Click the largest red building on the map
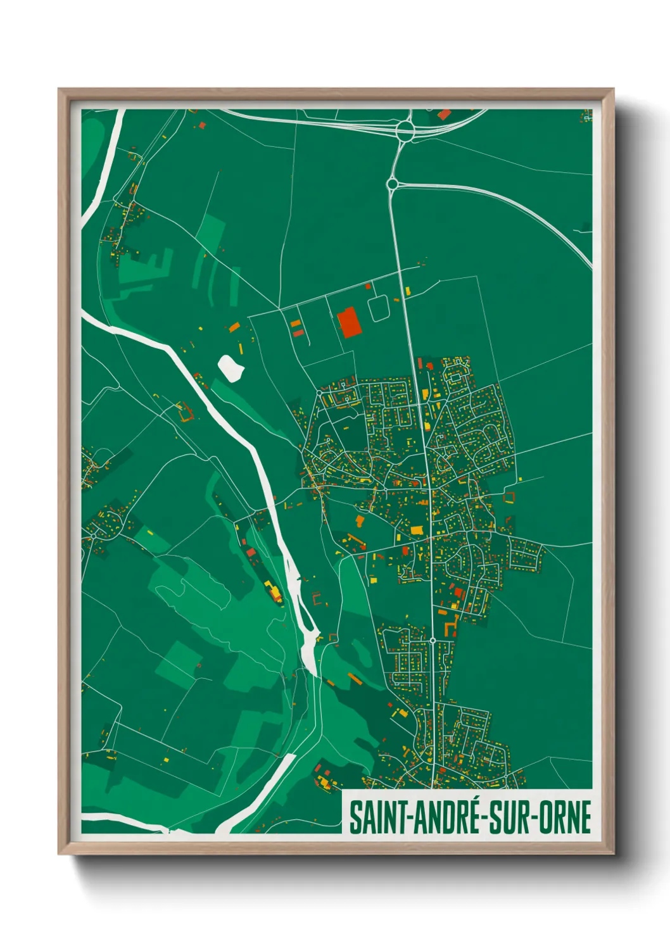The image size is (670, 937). (x=349, y=322)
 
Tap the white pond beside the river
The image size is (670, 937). (x=231, y=367)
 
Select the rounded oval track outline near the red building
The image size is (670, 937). (x=379, y=309)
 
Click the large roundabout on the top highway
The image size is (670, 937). (x=405, y=131)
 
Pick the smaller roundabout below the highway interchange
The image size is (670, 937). (x=392, y=184)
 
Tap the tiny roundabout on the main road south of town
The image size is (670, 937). (x=433, y=641)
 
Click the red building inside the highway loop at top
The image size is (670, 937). (x=444, y=115)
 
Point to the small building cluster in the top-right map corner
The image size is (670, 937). (x=586, y=115)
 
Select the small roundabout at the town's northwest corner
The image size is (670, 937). (x=320, y=393)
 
